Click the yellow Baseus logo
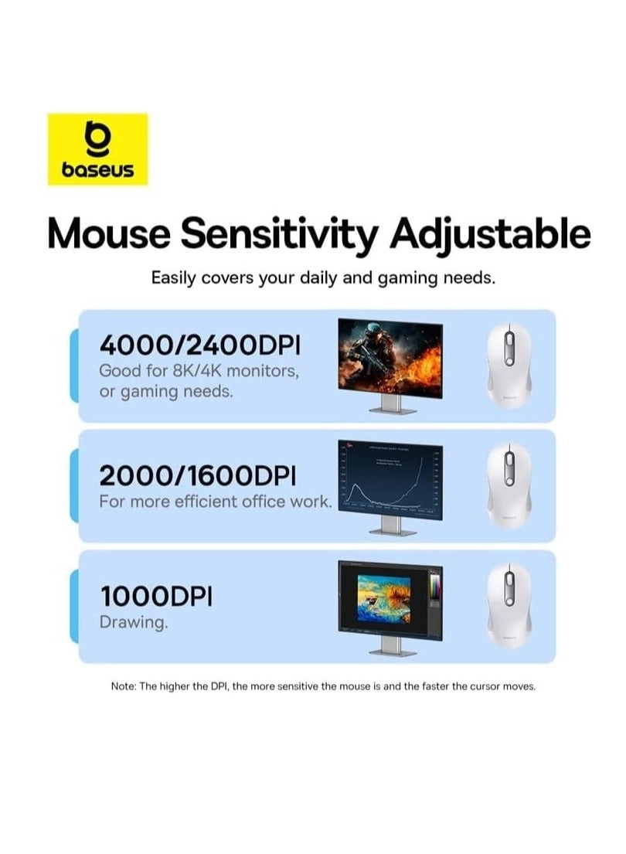(97, 149)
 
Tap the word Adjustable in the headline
(491, 233)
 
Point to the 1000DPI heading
(156, 596)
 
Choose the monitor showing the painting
(390, 599)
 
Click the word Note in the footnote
(123, 686)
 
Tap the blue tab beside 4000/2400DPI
(74, 366)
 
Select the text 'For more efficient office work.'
(215, 501)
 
